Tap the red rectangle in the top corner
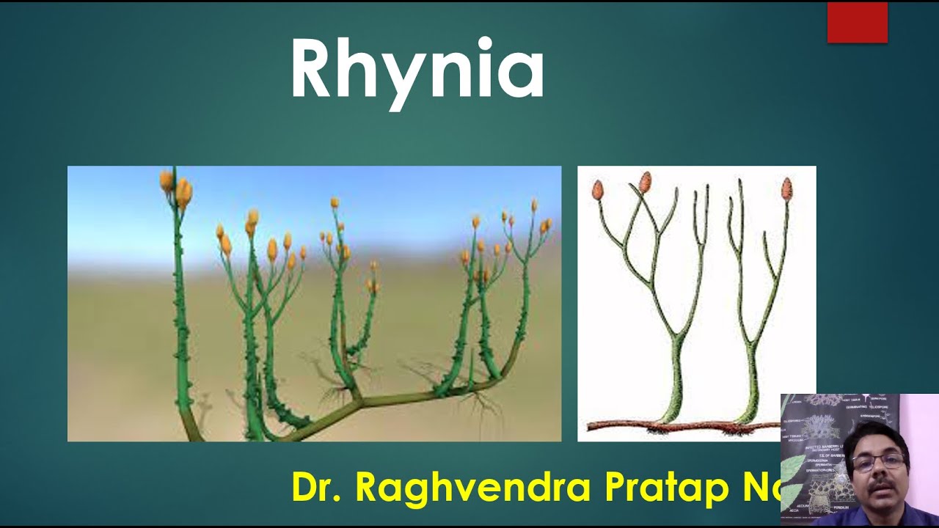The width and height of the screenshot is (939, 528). pyautogui.click(x=857, y=23)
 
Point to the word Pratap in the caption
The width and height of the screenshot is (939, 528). pyautogui.click(x=665, y=488)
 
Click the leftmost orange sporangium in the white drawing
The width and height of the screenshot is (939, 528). pyautogui.click(x=598, y=190)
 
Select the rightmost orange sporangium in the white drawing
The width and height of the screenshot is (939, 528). pyautogui.click(x=786, y=188)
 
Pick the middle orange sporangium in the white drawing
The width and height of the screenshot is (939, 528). pyautogui.click(x=645, y=181)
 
